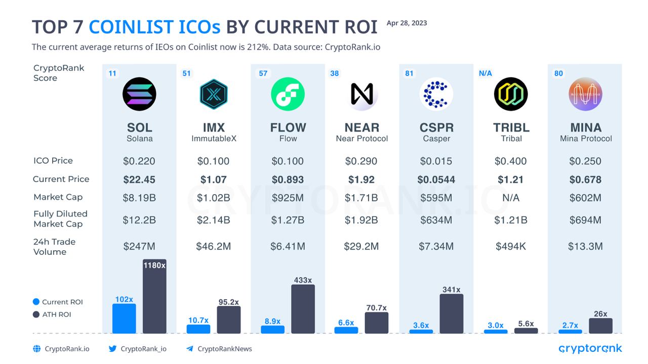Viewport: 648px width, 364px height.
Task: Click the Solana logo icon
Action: coord(139,94)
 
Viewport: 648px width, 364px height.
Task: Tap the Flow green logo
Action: coord(288,94)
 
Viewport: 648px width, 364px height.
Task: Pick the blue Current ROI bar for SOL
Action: coord(124,318)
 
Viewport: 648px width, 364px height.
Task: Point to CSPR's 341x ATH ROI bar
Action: coord(451,313)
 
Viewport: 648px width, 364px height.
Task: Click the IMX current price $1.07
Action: coord(213,179)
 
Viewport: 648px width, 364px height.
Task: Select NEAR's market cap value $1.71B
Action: coord(361,198)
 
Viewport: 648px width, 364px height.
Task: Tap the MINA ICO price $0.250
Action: coord(585,161)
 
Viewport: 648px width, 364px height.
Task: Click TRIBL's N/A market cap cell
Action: coord(510,198)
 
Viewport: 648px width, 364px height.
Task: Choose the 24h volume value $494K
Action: coord(510,247)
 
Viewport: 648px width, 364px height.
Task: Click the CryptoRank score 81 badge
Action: coord(409,73)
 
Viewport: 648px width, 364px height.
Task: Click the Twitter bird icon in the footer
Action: coord(112,348)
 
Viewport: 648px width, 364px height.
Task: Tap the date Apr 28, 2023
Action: coord(407,23)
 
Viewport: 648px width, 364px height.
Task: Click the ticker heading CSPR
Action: coord(436,127)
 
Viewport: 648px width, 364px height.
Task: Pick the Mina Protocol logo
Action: coord(585,94)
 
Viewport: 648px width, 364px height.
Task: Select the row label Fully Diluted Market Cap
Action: coord(60,219)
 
